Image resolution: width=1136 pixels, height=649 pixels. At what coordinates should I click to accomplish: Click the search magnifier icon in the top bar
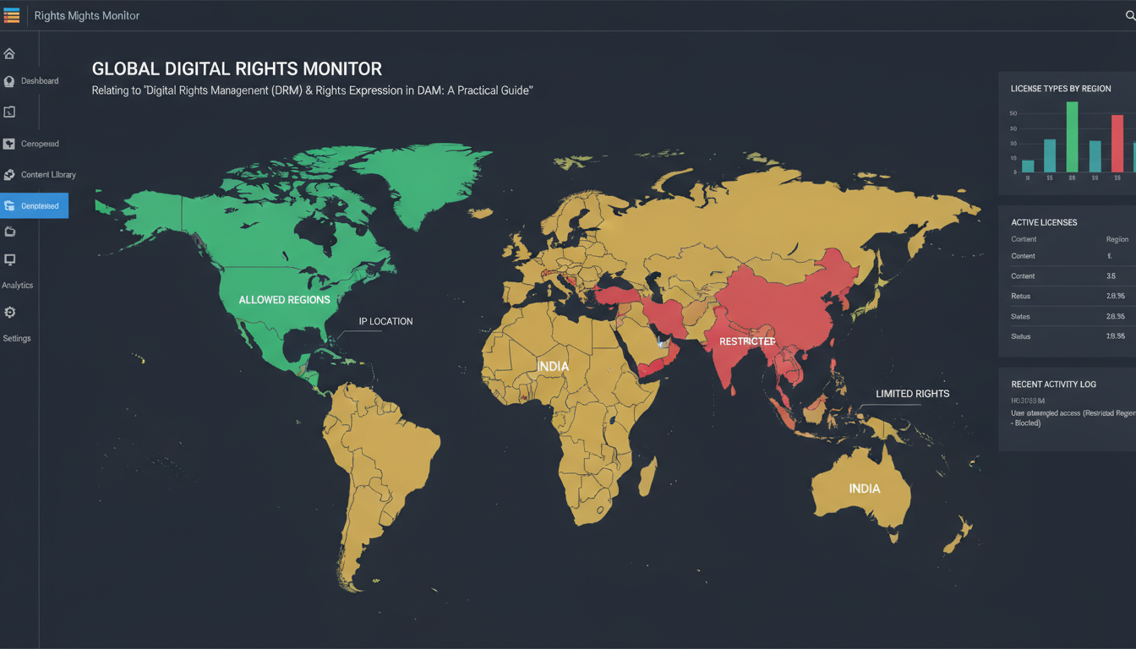(x=1130, y=15)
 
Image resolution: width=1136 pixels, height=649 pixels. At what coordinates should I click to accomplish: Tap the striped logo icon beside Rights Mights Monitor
(x=12, y=15)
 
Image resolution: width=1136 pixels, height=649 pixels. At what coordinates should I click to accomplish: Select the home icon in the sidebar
(x=9, y=54)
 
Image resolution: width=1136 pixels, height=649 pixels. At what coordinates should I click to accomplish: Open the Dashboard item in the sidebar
(x=39, y=81)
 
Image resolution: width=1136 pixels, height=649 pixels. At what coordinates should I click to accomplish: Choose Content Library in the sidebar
(x=48, y=175)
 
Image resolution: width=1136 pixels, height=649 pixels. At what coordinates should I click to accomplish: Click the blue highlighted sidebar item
(x=34, y=205)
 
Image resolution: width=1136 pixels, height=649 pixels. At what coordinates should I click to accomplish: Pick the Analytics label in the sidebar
(x=17, y=286)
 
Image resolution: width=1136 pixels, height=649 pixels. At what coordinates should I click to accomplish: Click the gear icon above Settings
(x=9, y=313)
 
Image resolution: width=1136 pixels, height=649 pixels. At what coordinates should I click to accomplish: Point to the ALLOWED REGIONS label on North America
(x=284, y=300)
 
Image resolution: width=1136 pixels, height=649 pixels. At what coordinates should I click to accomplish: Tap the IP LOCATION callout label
(x=385, y=321)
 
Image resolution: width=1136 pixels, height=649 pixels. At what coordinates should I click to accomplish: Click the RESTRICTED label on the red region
(x=747, y=341)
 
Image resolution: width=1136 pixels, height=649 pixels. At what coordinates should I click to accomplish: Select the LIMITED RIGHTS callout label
(x=912, y=394)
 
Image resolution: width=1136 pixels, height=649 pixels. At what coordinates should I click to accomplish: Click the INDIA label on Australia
(x=865, y=488)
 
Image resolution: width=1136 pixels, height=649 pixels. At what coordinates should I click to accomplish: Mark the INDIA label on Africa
(x=553, y=366)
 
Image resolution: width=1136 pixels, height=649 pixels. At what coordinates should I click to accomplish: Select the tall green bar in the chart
(x=1072, y=136)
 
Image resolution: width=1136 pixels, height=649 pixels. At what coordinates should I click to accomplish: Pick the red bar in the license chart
(x=1117, y=143)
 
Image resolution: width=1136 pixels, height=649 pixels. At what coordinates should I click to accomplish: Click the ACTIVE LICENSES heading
(x=1044, y=222)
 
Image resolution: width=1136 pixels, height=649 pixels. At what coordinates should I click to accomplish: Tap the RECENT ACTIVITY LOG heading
(x=1053, y=384)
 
